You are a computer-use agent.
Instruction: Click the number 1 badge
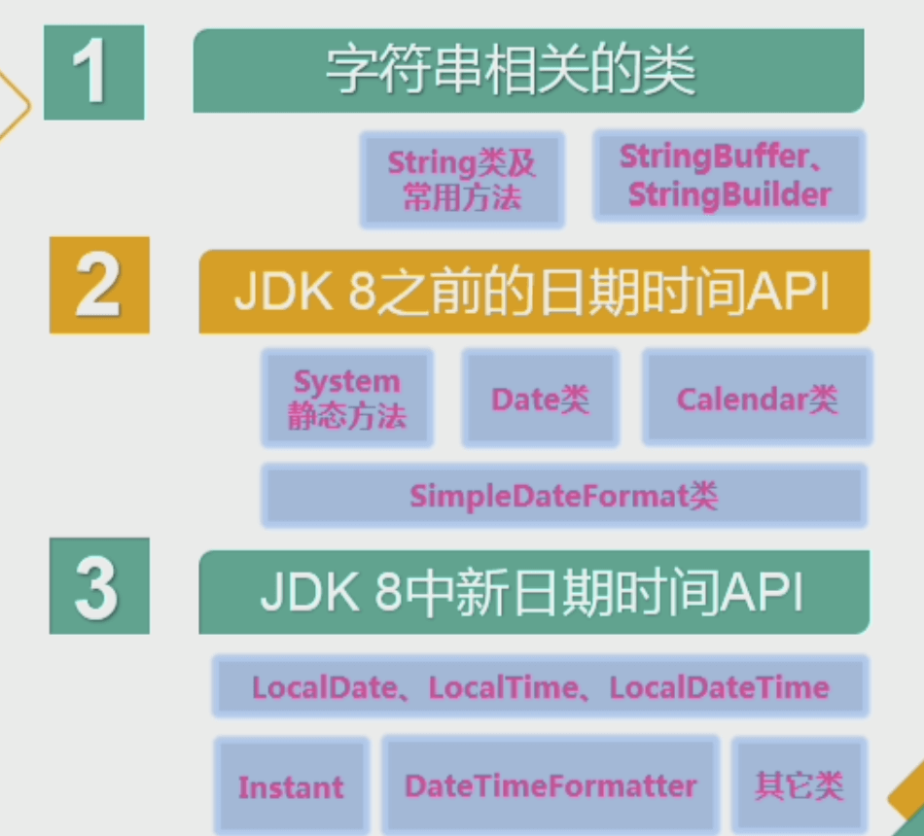coord(94,72)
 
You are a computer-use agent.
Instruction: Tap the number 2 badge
coord(99,284)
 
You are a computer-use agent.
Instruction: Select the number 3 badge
coord(99,585)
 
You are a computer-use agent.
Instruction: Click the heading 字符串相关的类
coord(528,71)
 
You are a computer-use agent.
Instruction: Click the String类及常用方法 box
coord(462,180)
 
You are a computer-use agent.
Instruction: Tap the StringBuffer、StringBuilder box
coord(729,176)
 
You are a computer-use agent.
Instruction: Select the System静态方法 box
coord(347,399)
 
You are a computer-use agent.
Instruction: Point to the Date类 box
coord(540,399)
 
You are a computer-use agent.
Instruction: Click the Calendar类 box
coord(757,399)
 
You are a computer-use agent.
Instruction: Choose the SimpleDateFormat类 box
coord(563,496)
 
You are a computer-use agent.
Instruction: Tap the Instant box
coord(291,786)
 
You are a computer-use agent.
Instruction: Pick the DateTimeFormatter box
coord(551,785)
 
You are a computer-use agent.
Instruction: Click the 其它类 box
coord(799,785)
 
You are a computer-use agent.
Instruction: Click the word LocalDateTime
coord(719,688)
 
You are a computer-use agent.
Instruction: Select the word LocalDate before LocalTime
coord(324,688)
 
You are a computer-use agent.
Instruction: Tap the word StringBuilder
coord(729,194)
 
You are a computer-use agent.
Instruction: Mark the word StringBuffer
coord(714,157)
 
